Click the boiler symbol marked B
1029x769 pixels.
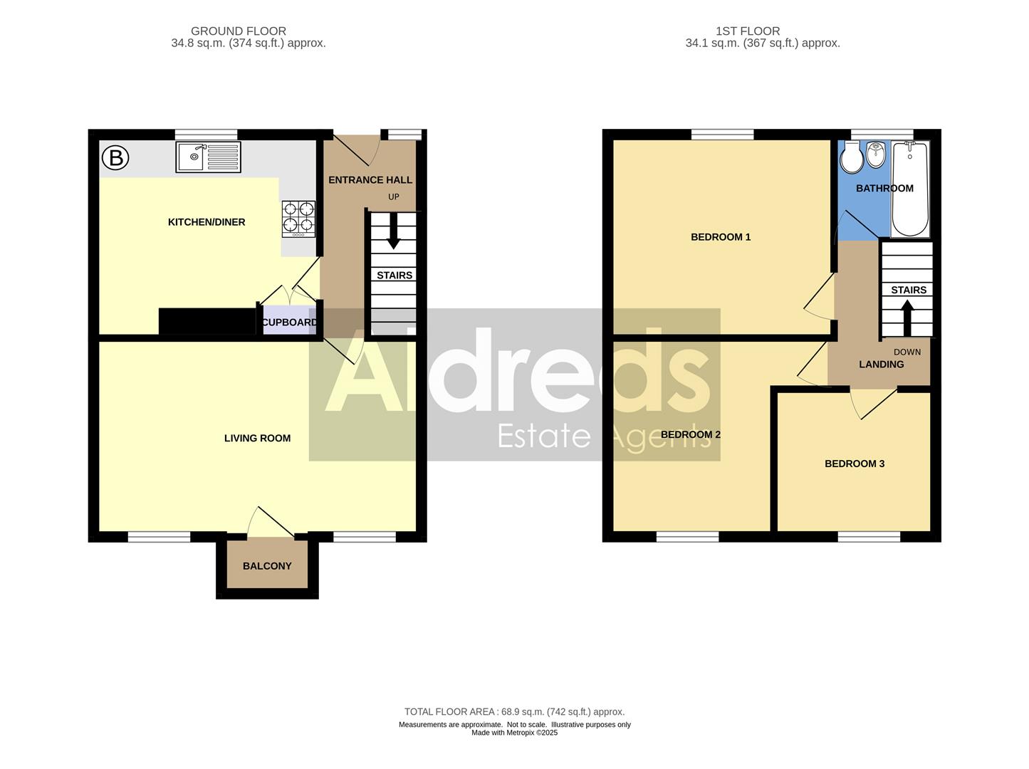(x=115, y=157)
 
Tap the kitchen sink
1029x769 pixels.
(x=209, y=157)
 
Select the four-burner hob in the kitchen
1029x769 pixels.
(x=299, y=219)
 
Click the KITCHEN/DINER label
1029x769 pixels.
(x=207, y=222)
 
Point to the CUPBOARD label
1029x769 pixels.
(x=289, y=323)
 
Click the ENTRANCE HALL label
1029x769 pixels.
(x=370, y=180)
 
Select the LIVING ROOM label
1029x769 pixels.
(x=257, y=439)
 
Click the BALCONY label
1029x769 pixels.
(x=267, y=566)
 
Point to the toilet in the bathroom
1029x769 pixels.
(x=851, y=158)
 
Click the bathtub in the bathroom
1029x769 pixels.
(x=911, y=188)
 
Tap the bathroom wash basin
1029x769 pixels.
(x=875, y=154)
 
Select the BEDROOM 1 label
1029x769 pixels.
(x=721, y=237)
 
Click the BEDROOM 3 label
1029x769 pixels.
(x=855, y=464)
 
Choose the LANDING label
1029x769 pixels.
(x=881, y=365)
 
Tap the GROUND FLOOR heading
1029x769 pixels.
(x=239, y=31)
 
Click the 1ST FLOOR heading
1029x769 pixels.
(x=748, y=31)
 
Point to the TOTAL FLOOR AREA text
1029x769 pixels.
(x=514, y=711)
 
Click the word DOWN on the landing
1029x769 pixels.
(x=907, y=352)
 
